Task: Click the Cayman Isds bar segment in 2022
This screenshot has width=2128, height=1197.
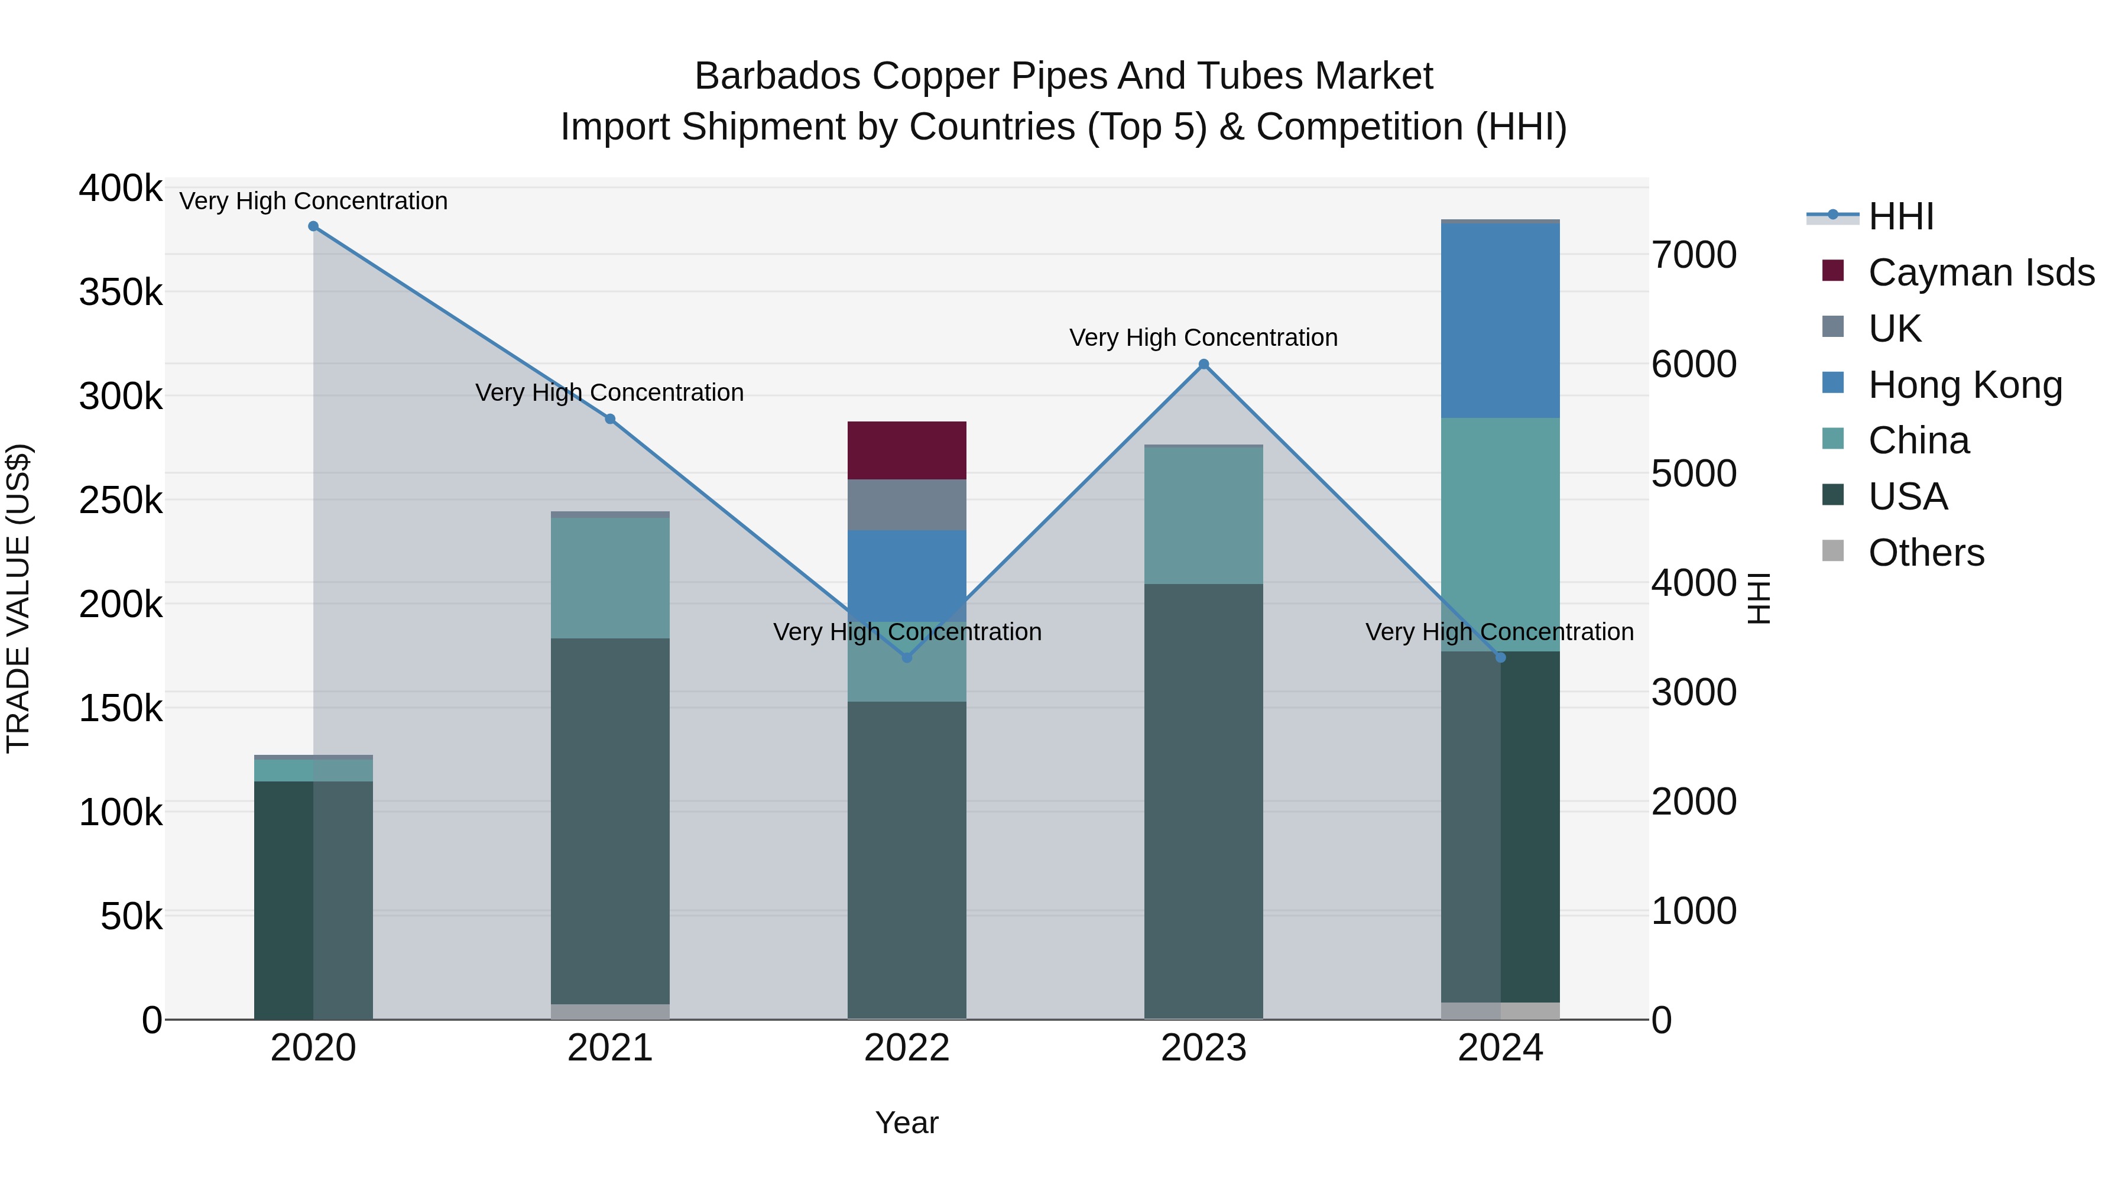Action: [x=906, y=450]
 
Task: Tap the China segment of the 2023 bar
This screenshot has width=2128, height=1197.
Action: [x=1203, y=515]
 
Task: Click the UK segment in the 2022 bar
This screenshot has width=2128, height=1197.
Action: [x=906, y=505]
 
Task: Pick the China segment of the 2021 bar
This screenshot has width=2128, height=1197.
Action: [x=609, y=578]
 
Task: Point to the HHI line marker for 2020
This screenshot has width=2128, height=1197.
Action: [x=313, y=226]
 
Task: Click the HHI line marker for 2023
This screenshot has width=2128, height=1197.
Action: [x=1203, y=364]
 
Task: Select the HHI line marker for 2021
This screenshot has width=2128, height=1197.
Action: [x=609, y=419]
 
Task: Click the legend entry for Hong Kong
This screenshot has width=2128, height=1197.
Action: [x=1964, y=385]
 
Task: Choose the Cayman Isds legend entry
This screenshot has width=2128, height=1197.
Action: [x=1980, y=273]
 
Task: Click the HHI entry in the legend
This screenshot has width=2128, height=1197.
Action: [x=1900, y=216]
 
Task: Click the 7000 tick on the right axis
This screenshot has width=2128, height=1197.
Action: [x=1694, y=255]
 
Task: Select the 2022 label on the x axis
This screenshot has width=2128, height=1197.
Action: [x=906, y=1048]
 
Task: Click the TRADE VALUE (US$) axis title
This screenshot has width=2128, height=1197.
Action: [x=18, y=598]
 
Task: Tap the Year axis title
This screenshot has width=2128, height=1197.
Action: [x=906, y=1123]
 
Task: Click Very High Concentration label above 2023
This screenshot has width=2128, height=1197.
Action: [x=1203, y=338]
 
